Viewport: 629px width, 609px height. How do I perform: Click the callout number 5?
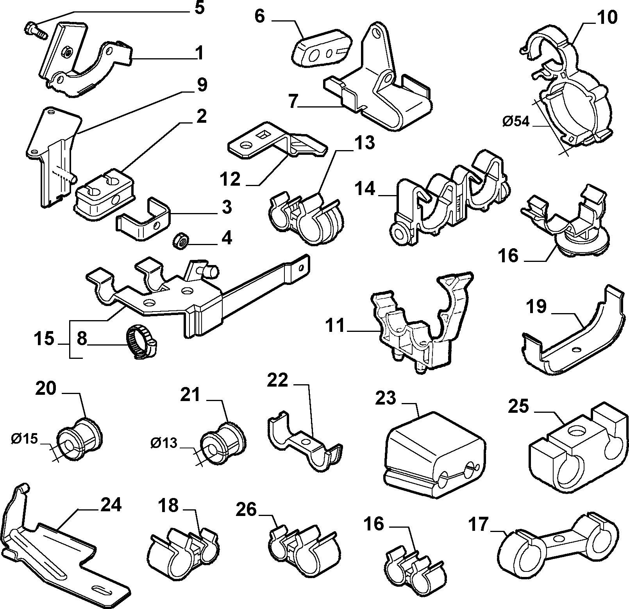pos(199,7)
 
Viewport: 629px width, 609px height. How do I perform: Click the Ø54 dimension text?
pos(516,122)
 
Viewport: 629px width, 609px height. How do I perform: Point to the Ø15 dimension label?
pos(24,439)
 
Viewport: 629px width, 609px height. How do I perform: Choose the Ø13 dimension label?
pos(163,443)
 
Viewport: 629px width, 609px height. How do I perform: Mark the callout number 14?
pos(365,189)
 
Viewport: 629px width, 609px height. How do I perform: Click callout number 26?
pos(246,510)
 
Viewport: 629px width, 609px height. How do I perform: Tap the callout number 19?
pos(537,307)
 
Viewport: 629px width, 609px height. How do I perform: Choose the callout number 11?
pos(336,326)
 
